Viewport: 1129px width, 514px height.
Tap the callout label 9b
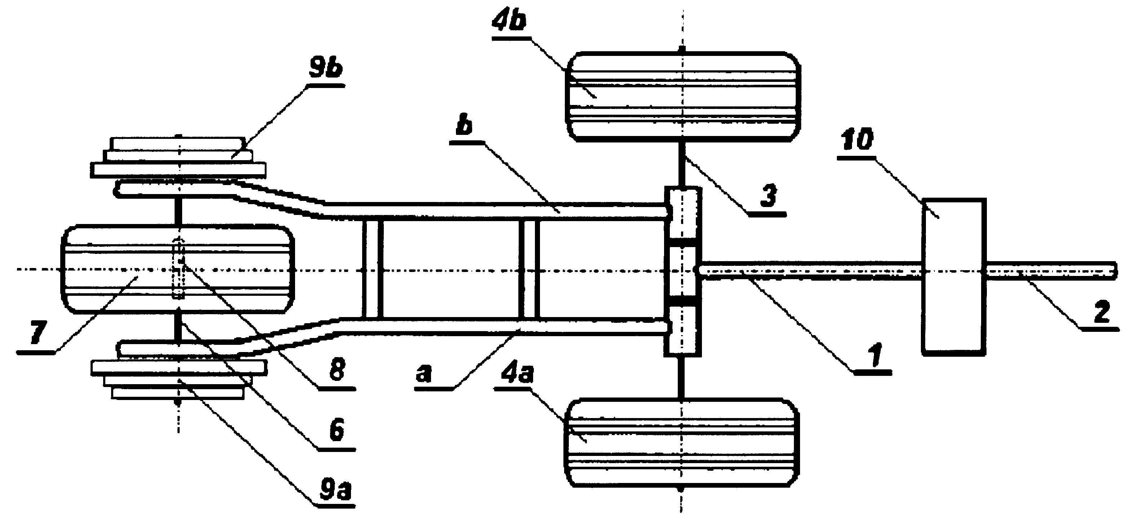click(326, 69)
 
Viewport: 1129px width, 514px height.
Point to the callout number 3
click(768, 196)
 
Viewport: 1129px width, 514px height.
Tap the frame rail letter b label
click(464, 126)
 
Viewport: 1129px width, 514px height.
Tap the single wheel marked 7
click(178, 269)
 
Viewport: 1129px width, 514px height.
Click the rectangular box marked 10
click(954, 277)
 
